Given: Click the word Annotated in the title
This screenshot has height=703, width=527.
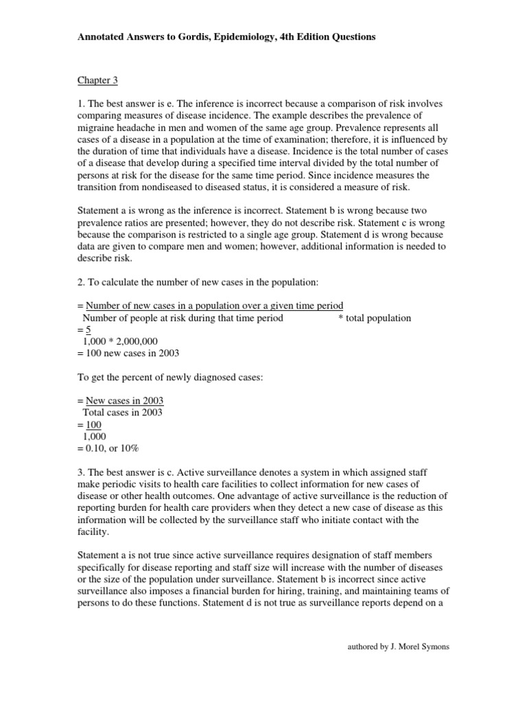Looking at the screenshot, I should point(100,37).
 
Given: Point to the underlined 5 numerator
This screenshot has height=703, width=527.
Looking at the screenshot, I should point(88,330).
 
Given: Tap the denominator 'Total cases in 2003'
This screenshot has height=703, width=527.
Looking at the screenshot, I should point(122,412).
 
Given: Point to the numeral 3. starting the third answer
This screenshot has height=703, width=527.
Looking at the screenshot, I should point(80,471).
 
